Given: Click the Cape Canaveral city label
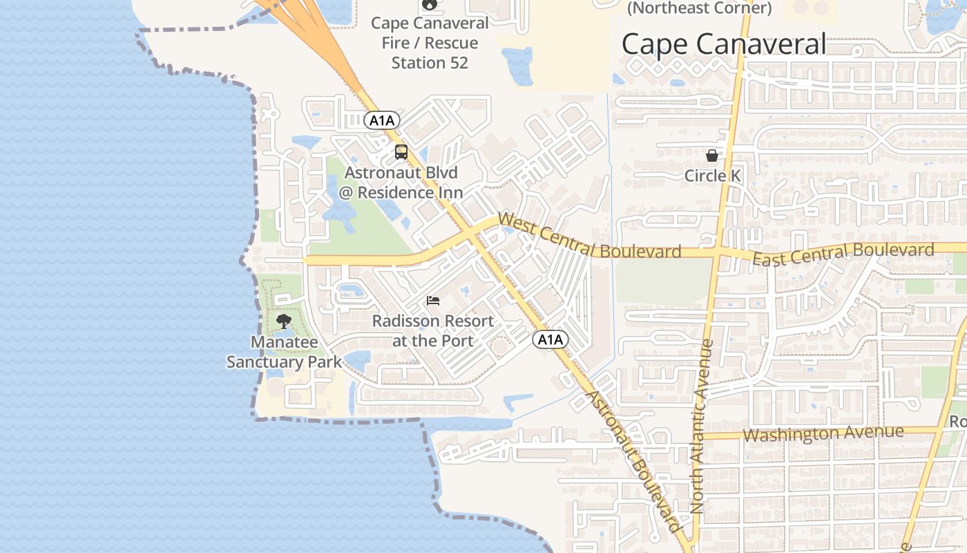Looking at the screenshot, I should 723,44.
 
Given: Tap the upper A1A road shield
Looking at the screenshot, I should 382,121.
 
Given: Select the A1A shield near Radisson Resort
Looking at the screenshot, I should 550,339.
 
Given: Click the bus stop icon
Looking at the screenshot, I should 401,152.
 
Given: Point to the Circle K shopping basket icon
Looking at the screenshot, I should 712,156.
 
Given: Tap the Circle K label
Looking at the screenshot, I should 712,176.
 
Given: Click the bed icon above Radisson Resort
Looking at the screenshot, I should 433,301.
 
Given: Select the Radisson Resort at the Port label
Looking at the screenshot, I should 433,331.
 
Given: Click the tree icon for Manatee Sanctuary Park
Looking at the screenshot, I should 283,321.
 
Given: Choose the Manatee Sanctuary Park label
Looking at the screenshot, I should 284,352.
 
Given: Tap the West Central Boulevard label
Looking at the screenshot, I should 588,236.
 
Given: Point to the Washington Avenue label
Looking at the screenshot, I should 823,434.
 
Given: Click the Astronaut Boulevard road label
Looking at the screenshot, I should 631,460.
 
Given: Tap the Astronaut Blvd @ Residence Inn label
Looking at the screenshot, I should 401,182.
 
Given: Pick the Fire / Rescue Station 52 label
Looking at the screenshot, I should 430,43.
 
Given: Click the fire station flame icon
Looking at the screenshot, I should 430,4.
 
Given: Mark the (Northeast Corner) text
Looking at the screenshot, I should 700,8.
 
